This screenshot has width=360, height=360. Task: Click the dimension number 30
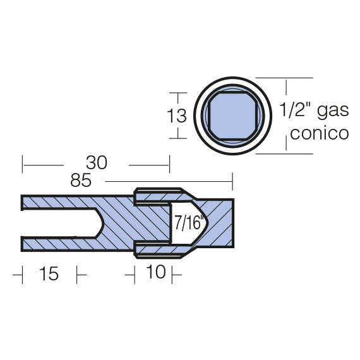pyautogui.click(x=97, y=164)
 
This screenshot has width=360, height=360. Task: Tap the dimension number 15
pyautogui.click(x=49, y=274)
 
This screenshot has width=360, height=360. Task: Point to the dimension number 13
pyautogui.click(x=179, y=116)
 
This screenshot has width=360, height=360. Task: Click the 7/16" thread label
pyautogui.click(x=184, y=222)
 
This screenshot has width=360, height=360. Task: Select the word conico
pyautogui.click(x=318, y=133)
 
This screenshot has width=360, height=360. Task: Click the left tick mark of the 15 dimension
pyautogui.click(x=22, y=275)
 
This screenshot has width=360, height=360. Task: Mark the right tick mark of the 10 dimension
pyautogui.click(x=172, y=275)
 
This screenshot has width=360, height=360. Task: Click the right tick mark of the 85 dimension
pyautogui.click(x=232, y=181)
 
